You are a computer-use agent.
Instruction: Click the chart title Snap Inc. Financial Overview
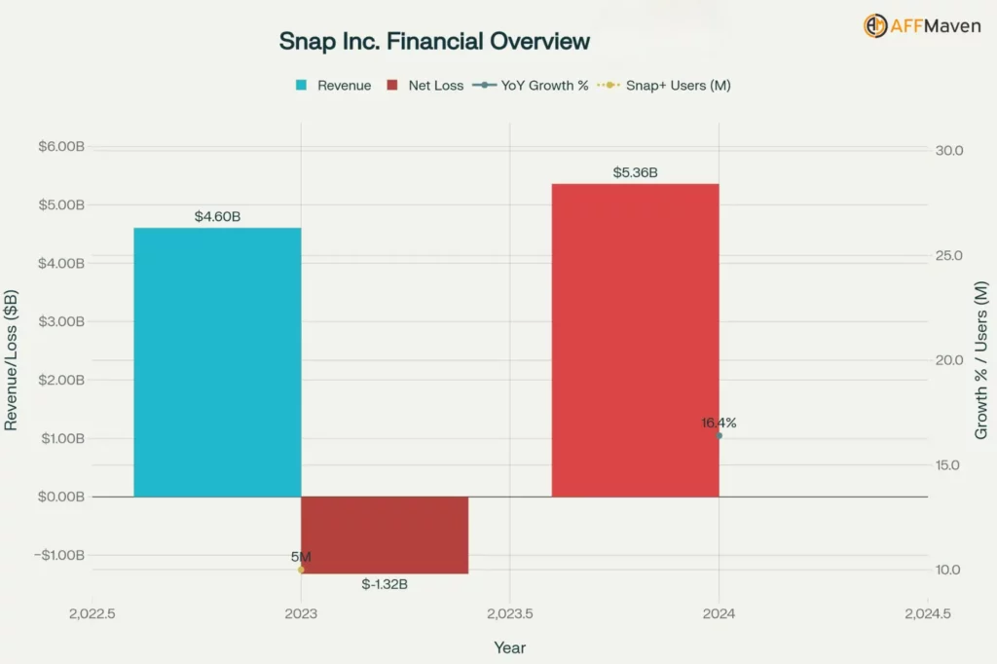pyautogui.click(x=434, y=41)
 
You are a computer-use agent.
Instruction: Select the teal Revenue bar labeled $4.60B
pyautogui.click(x=217, y=362)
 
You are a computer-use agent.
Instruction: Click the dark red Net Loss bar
pyautogui.click(x=385, y=535)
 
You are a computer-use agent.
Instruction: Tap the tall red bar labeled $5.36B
pyautogui.click(x=635, y=340)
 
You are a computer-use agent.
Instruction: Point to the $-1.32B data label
pyautogui.click(x=385, y=584)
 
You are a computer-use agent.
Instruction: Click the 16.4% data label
pyautogui.click(x=719, y=423)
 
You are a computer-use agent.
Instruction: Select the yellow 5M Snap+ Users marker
pyautogui.click(x=301, y=570)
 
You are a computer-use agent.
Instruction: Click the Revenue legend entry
pyautogui.click(x=334, y=86)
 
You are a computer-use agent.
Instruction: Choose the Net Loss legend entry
pyautogui.click(x=425, y=86)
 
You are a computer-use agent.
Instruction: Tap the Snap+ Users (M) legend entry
pyautogui.click(x=664, y=86)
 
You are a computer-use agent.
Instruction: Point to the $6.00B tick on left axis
pyautogui.click(x=61, y=147)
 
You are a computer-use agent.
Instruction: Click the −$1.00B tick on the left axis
pyautogui.click(x=61, y=555)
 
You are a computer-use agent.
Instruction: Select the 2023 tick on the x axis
pyautogui.click(x=301, y=614)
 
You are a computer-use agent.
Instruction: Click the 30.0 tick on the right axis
pyautogui.click(x=949, y=151)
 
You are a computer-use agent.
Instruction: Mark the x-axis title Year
pyautogui.click(x=509, y=647)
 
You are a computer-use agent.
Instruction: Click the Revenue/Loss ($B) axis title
pyautogui.click(x=12, y=360)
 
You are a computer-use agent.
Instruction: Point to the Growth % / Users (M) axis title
pyautogui.click(x=981, y=360)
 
